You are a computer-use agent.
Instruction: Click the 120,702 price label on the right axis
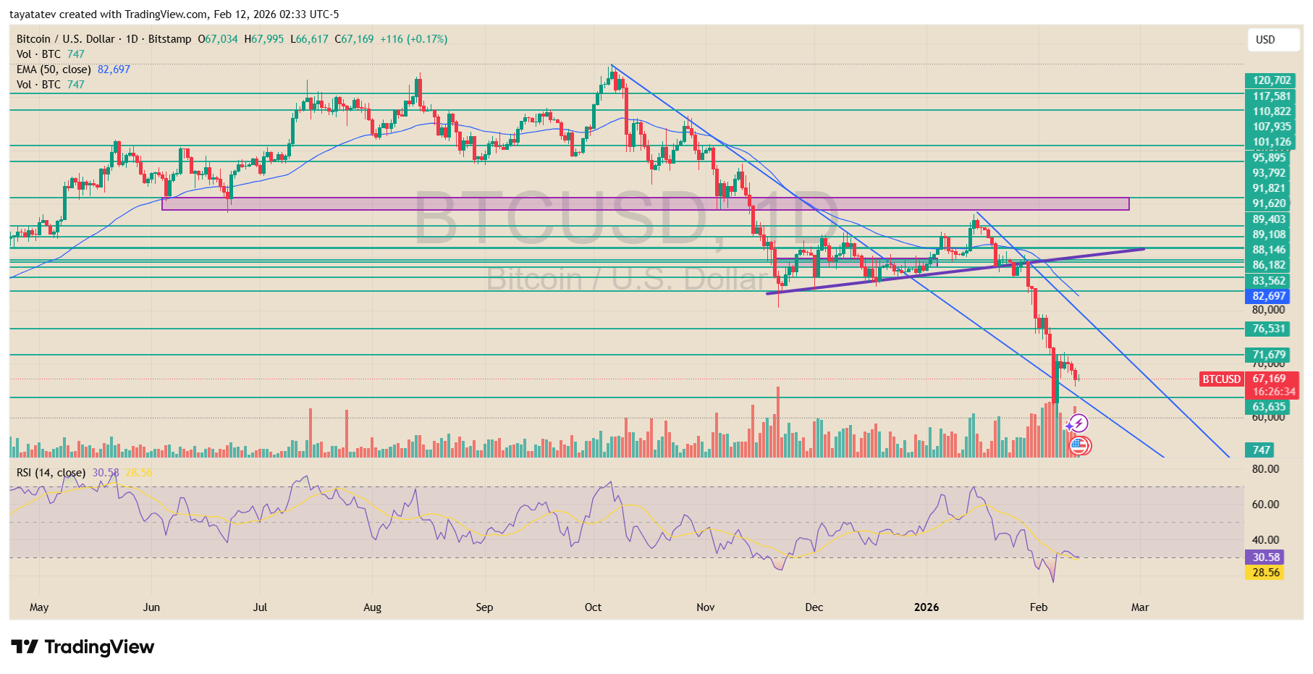[1271, 80]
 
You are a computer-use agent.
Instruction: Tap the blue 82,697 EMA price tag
[1268, 296]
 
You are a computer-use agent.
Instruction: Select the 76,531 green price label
[1268, 329]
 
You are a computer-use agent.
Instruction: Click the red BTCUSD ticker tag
[1221, 379]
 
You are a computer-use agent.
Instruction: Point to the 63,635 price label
[1268, 407]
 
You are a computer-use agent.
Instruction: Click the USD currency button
[1272, 40]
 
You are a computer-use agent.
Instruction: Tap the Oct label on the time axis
[593, 607]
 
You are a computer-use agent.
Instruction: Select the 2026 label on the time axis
[926, 607]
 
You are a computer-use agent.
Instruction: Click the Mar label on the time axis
[1139, 607]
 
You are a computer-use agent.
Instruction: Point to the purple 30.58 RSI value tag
[1265, 557]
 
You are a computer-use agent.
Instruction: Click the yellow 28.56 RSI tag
[1265, 573]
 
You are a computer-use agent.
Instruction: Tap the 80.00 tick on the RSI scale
[1265, 469]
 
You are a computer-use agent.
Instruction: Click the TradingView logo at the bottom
[83, 646]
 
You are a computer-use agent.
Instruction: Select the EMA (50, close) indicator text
[54, 69]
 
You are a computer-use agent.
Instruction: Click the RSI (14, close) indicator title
[51, 473]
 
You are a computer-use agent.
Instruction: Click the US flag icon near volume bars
[1079, 445]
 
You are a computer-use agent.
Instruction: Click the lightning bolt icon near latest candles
[1078, 424]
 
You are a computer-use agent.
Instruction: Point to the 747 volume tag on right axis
[1260, 450]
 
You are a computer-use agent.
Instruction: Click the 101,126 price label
[1271, 142]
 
